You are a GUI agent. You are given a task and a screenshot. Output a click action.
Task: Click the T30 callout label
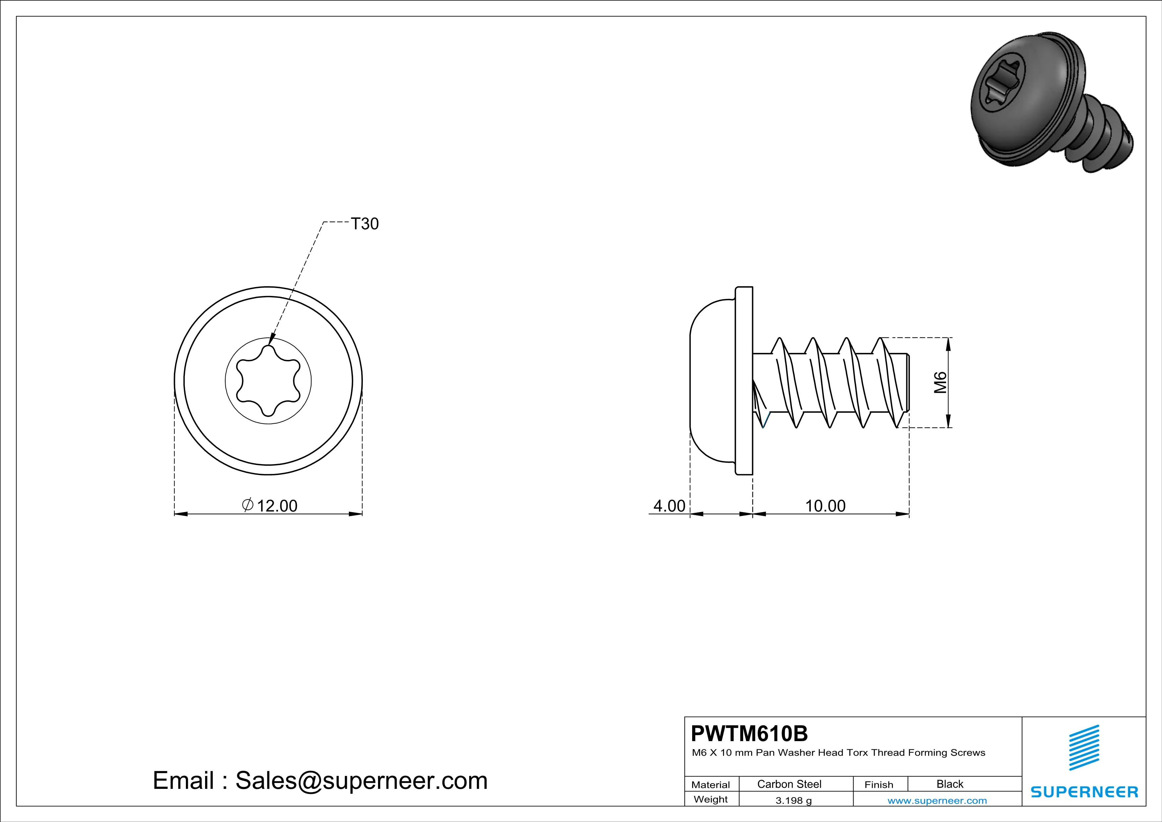(364, 224)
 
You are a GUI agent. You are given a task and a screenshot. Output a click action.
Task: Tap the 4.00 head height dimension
(669, 506)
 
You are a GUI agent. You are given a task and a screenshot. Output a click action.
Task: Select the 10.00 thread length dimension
(825, 506)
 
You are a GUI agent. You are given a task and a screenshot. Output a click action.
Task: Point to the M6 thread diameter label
(940, 382)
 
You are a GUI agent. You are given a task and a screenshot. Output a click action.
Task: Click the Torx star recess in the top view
(268, 381)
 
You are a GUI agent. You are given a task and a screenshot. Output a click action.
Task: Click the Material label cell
(711, 785)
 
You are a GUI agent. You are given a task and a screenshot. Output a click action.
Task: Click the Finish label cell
(879, 785)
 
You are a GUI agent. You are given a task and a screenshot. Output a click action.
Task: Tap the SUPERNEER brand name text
(1084, 792)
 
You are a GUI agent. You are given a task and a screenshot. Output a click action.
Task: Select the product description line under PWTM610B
(838, 753)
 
